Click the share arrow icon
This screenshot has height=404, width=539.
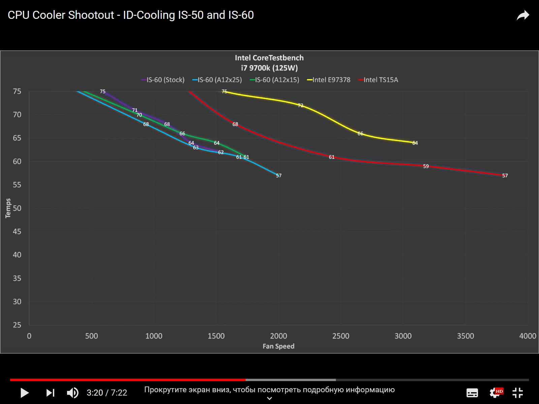pos(523,15)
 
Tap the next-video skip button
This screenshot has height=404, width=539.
pos(50,393)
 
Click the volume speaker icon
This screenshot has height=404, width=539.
pos(72,393)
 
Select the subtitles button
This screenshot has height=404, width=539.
pos(472,393)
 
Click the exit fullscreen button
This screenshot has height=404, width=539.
pos(517,393)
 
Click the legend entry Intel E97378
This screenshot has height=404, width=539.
pos(329,80)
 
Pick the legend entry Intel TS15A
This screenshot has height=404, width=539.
pos(378,80)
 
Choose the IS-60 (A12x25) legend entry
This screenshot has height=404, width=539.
pos(217,80)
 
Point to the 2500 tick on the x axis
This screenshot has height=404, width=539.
pos(341,336)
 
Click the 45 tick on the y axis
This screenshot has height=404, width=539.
pos(17,232)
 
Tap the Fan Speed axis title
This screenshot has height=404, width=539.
pos(278,346)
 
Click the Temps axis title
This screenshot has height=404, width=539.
pos(8,208)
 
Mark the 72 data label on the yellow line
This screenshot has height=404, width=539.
pos(300,105)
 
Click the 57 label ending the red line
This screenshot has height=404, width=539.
pos(505,175)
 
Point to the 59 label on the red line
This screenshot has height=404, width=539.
pos(426,166)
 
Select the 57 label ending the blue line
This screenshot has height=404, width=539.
pos(279,175)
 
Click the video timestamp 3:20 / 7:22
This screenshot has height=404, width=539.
pos(107,393)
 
